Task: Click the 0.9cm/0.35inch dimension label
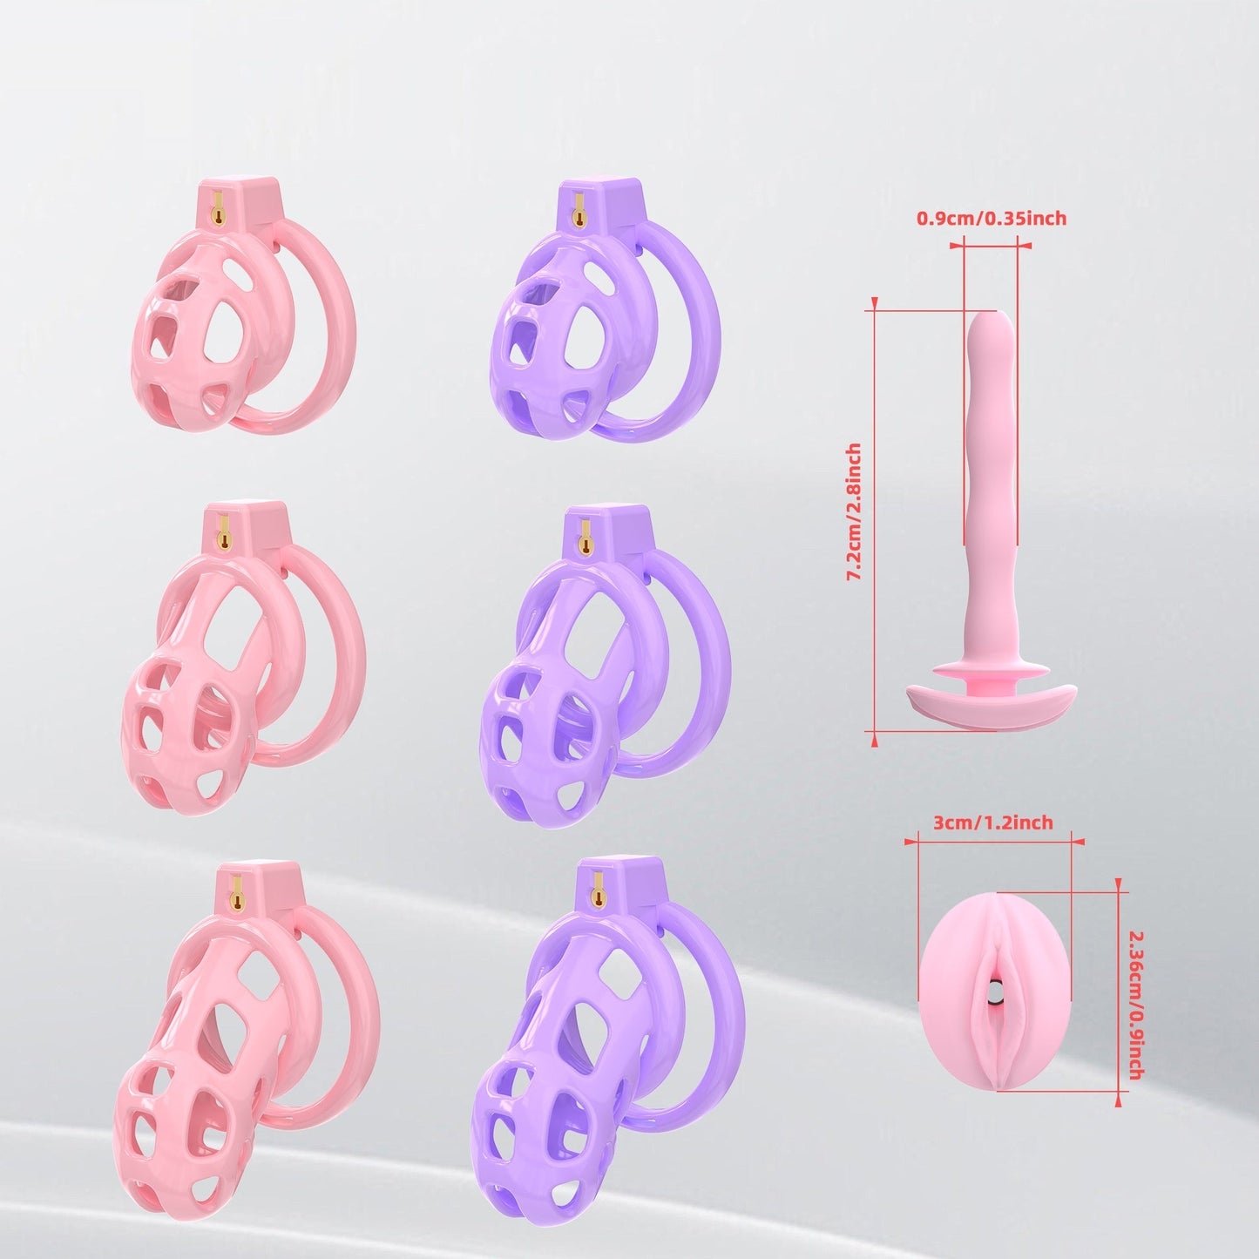point(991,219)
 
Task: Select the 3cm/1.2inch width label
point(993,822)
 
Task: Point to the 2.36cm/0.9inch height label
point(1134,1005)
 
